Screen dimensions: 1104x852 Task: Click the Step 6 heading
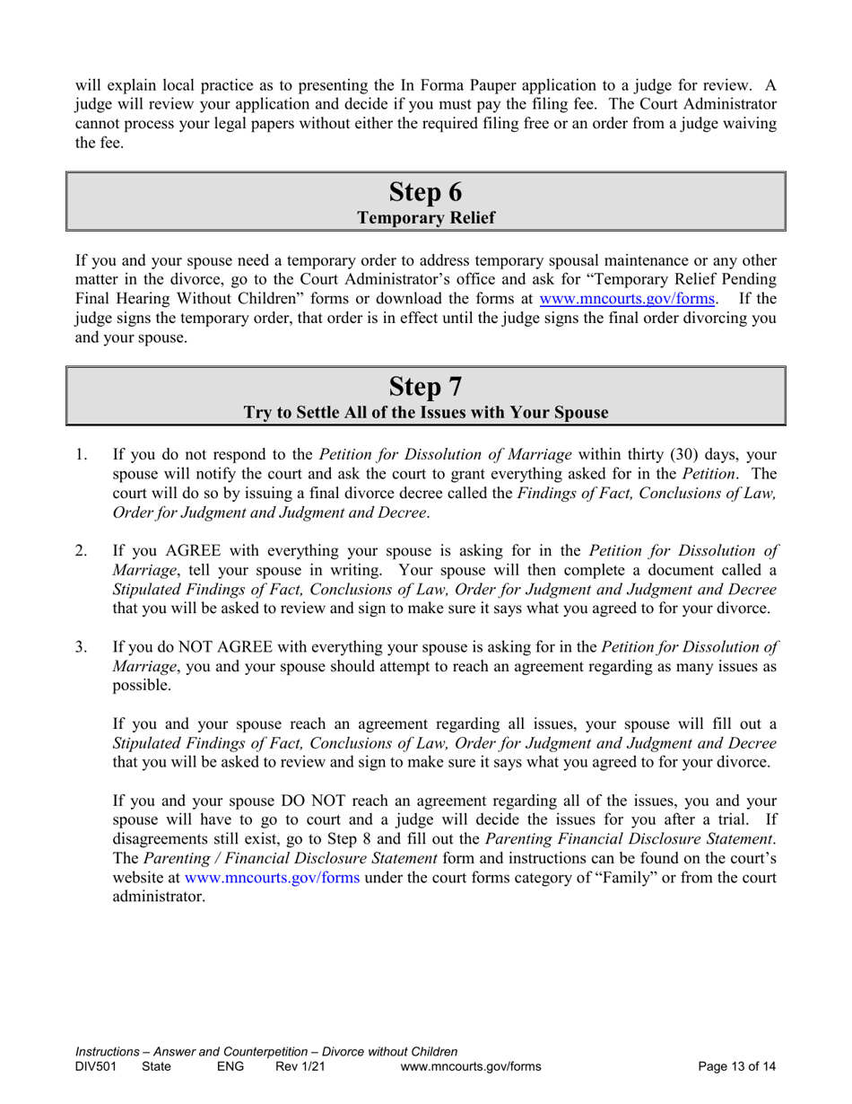pyautogui.click(x=426, y=191)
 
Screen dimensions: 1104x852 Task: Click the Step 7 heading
pyautogui.click(x=426, y=386)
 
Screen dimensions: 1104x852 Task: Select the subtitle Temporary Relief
pyautogui.click(x=426, y=217)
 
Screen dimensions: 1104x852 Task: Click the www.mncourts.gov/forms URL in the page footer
pyautogui.click(x=471, y=1067)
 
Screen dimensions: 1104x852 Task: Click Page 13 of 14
pyautogui.click(x=736, y=1067)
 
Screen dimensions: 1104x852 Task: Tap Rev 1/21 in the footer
pyautogui.click(x=300, y=1067)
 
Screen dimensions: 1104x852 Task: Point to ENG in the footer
pyautogui.click(x=231, y=1067)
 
